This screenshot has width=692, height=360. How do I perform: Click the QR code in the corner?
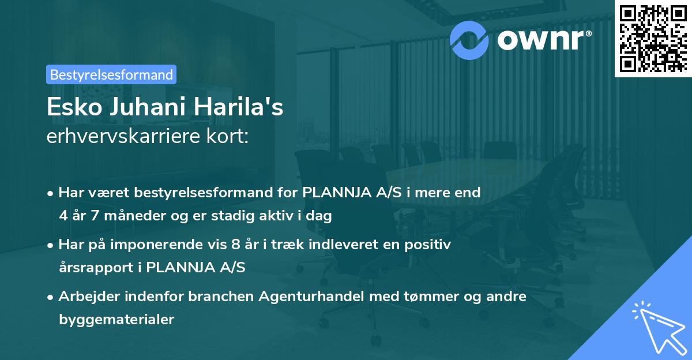(x=653, y=38)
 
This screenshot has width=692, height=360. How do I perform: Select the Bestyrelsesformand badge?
(x=111, y=74)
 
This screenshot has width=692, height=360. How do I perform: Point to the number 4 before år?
(x=63, y=216)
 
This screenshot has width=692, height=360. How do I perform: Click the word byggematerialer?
(x=116, y=319)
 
